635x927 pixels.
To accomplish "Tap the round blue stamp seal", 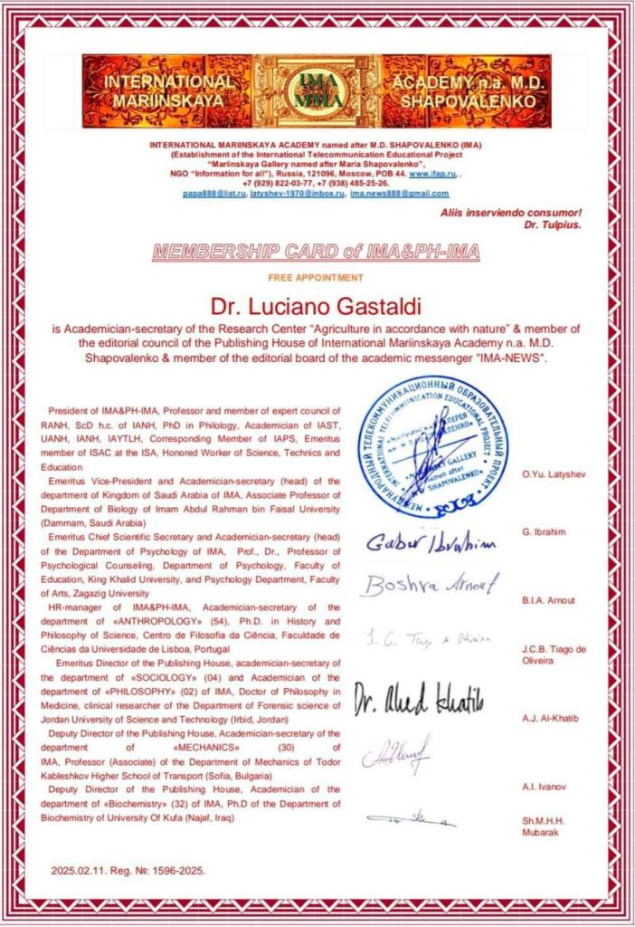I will click(431, 446).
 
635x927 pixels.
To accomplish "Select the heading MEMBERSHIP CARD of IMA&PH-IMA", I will click(316, 252).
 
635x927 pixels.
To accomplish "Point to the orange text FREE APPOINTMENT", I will click(316, 278).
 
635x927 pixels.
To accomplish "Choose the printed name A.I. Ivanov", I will click(542, 787).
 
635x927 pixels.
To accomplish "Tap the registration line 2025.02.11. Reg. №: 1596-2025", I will click(128, 871).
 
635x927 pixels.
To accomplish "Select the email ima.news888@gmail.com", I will click(399, 193).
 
